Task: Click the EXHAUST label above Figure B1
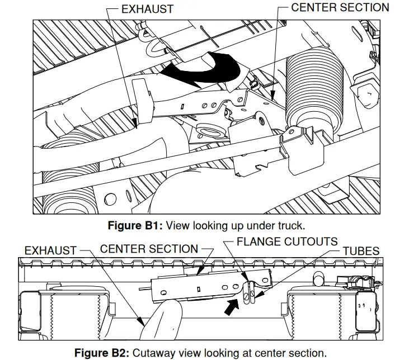click(x=147, y=9)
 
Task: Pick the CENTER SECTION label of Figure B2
click(x=149, y=249)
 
